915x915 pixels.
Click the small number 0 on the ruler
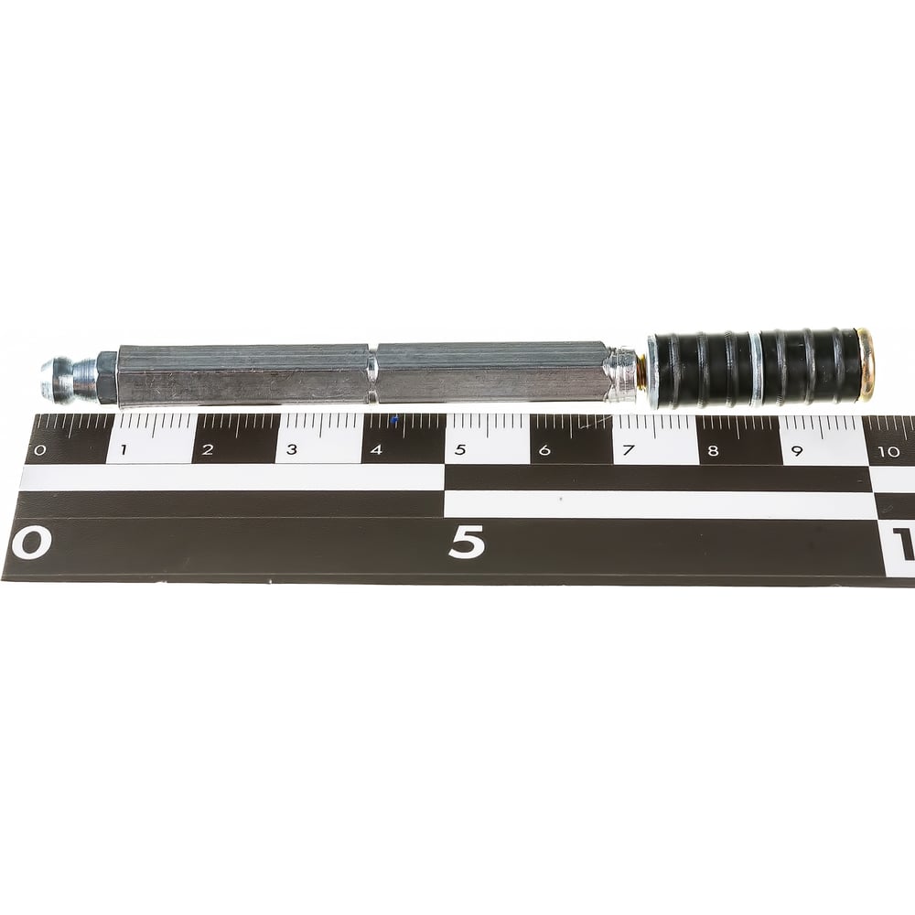click(x=39, y=450)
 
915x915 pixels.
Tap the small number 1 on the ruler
click(x=124, y=450)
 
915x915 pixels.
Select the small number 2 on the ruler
click(x=208, y=450)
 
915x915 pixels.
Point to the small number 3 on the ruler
click(x=292, y=449)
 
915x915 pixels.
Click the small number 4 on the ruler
click(x=376, y=450)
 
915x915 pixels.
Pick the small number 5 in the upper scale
click(x=460, y=450)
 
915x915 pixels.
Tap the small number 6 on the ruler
click(x=544, y=450)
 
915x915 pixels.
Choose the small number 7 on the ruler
click(x=629, y=450)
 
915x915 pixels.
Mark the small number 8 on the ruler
click(x=713, y=450)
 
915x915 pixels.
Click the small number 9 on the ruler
click(x=797, y=451)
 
